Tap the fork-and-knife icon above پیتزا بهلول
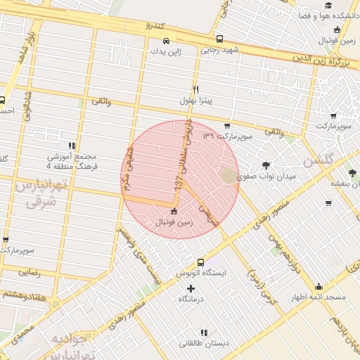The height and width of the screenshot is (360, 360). [195, 89]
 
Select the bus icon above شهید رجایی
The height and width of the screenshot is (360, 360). [220, 39]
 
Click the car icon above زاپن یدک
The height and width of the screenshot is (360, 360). [166, 41]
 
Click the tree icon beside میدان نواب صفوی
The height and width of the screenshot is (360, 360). [266, 165]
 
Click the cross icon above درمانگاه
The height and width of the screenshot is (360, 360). [191, 288]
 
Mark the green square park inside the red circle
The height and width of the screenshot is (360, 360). [229, 176]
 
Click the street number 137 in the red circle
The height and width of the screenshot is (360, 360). [181, 181]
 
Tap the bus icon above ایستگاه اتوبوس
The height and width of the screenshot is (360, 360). [201, 262]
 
